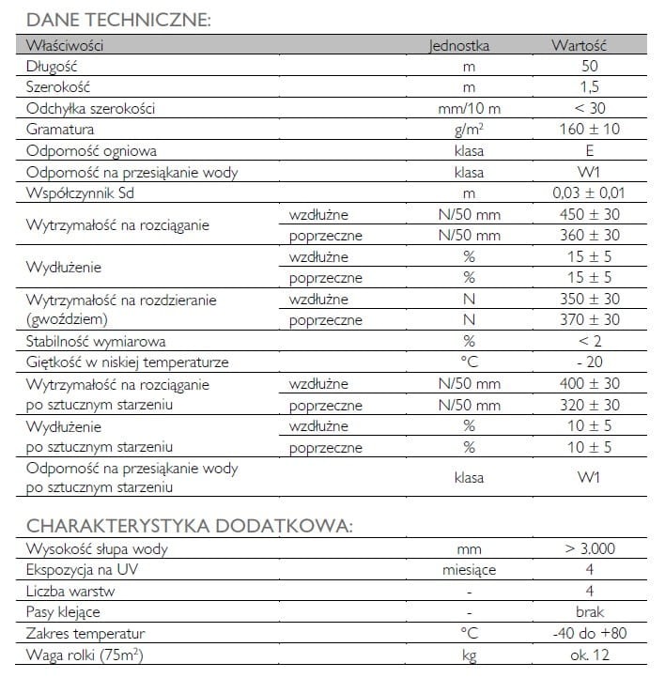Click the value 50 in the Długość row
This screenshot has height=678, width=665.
[589, 66]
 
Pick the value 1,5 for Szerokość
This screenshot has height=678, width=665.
[589, 87]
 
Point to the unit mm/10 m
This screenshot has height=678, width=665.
[470, 108]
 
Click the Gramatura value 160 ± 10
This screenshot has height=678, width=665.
[589, 130]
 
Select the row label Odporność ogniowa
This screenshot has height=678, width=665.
[91, 150]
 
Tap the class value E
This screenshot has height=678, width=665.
[589, 150]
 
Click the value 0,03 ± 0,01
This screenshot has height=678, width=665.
[590, 193]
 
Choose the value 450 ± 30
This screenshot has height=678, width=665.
[590, 215]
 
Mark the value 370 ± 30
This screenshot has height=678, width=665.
[590, 320]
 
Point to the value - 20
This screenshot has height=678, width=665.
[590, 362]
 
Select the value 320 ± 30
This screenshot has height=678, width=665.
[590, 405]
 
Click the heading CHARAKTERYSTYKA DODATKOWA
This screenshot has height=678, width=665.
[189, 525]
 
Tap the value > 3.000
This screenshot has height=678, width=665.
[590, 549]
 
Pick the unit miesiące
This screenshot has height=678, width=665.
[470, 570]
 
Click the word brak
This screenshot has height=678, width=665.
[590, 612]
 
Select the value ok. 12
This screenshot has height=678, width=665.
[590, 655]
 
